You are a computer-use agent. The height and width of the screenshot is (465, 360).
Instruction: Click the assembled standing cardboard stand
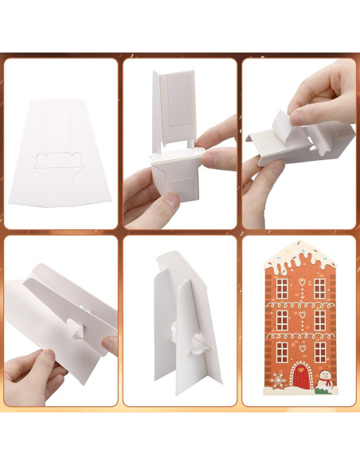tap(179, 326)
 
